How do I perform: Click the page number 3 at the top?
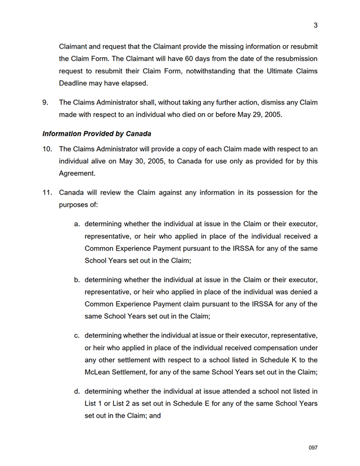[x=316, y=25]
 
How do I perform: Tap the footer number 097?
[x=313, y=448]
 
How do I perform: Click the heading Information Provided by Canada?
[x=97, y=134]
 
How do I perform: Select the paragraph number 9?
[x=45, y=103]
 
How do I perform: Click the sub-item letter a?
[x=77, y=223]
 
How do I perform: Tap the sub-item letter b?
[x=77, y=279]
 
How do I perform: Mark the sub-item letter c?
[x=77, y=335]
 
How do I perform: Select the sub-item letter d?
[x=77, y=392]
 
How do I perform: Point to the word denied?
[x=288, y=292]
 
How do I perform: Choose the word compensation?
[x=264, y=348]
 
